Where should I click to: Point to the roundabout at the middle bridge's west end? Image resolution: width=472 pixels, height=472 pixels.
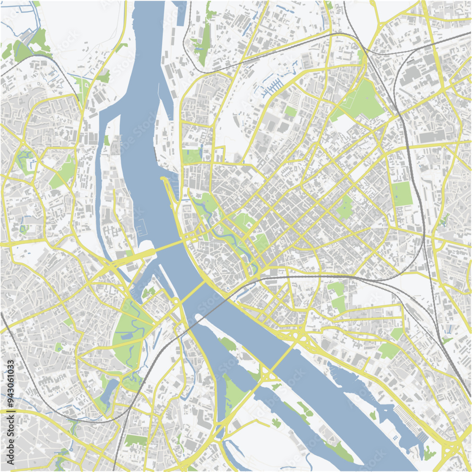pos(175,301)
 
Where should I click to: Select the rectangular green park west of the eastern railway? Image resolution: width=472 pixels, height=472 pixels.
pos(402,194)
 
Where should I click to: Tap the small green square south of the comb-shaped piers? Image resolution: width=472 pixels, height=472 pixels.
pos(290,111)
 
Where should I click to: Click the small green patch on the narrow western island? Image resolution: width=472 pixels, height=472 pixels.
pos(107,140)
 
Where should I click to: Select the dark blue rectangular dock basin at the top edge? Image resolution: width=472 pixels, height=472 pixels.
pos(180,7)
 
